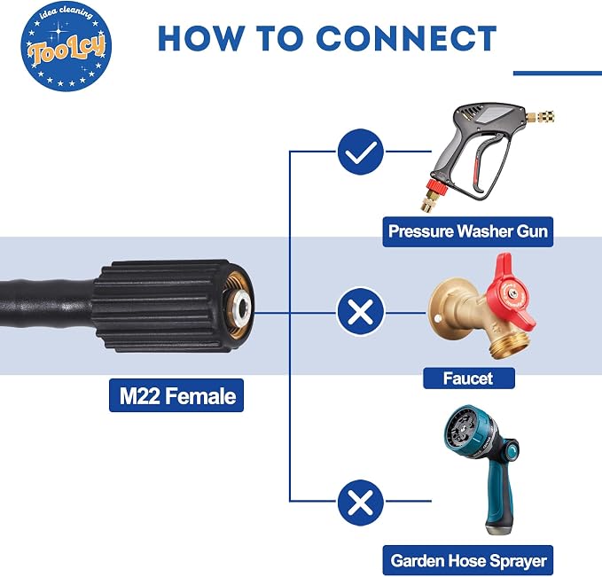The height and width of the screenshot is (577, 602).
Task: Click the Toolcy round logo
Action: [x=66, y=46]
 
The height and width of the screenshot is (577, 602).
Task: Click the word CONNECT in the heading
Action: [x=407, y=38]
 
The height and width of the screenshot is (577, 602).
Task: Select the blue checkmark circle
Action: [x=361, y=152]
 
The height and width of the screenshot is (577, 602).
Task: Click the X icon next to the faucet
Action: [x=361, y=311]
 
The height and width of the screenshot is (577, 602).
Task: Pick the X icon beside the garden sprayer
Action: [x=361, y=503]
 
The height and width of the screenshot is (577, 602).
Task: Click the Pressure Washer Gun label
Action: [x=467, y=231]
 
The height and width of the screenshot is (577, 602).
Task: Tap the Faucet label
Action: [x=469, y=378]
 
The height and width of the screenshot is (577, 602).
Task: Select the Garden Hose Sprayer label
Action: [x=468, y=560]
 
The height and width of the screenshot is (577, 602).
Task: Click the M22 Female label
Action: [x=176, y=395]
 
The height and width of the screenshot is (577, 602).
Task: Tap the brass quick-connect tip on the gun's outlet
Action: [x=542, y=116]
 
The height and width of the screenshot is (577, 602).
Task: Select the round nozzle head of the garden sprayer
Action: [x=465, y=429]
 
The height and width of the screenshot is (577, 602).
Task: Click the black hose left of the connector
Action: [x=47, y=304]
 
